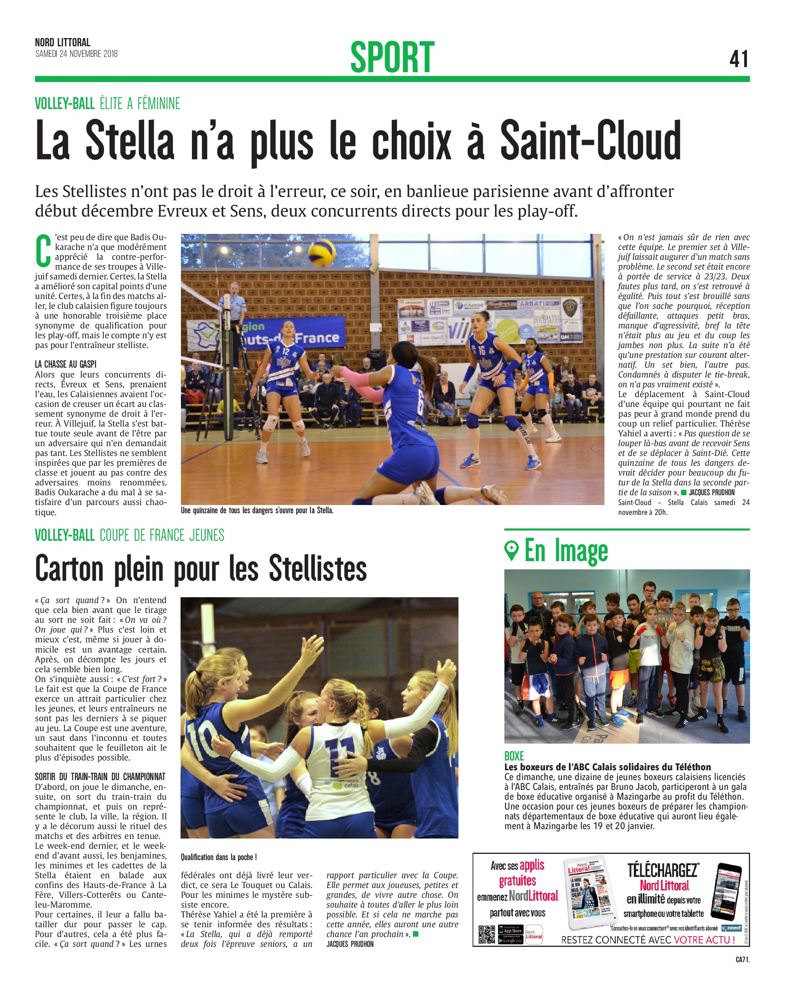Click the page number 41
(x=738, y=59)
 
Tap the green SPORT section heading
(x=392, y=57)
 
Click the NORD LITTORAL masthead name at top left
(x=63, y=43)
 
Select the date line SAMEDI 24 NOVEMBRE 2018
(x=77, y=54)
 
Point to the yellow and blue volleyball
(x=322, y=253)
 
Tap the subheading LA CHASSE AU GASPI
(x=66, y=364)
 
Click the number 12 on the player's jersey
(x=286, y=351)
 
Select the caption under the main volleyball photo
(x=257, y=511)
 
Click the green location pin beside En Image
(x=511, y=551)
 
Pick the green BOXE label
(x=514, y=756)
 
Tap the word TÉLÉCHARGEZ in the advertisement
(x=662, y=870)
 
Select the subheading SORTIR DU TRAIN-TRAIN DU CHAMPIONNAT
(x=100, y=777)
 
